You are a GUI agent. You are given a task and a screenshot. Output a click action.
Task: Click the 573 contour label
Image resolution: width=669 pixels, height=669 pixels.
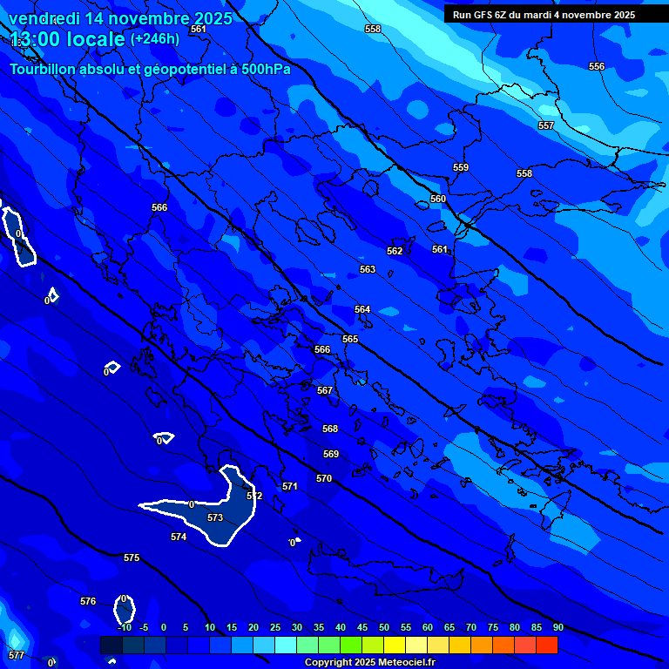coord(215,517)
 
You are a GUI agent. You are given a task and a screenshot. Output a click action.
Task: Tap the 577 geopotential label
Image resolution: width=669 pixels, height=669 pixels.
coord(17,655)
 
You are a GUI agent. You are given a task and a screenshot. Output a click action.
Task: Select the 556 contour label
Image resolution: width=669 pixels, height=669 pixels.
coord(596,67)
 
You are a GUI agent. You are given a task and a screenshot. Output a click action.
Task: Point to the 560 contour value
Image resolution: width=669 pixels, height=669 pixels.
coord(437,199)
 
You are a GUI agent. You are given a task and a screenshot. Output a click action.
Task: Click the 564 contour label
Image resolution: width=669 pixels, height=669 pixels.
coord(362,310)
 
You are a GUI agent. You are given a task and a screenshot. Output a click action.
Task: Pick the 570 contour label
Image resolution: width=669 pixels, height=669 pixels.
coord(324,479)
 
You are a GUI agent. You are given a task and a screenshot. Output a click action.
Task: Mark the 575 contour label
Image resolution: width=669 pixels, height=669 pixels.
coord(132,557)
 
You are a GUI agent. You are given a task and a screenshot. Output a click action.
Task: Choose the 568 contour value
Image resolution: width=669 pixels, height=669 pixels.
coord(330,429)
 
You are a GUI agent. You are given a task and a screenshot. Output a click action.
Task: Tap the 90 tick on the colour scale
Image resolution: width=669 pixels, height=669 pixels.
coord(557,628)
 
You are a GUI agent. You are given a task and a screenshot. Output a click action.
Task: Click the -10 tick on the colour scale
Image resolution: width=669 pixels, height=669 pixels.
coord(125,628)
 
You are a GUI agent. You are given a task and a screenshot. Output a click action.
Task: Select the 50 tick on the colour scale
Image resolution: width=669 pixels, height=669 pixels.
coord(383,628)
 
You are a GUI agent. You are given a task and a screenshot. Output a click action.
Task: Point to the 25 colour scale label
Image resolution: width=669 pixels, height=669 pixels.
coord(274,628)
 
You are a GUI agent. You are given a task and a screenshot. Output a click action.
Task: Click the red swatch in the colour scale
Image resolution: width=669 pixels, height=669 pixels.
coord(546,645)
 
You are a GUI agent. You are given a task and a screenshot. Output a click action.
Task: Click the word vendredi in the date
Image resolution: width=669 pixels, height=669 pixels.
coord(50,18)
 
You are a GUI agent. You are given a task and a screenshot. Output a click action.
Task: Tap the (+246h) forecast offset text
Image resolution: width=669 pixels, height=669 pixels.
coord(154,38)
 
